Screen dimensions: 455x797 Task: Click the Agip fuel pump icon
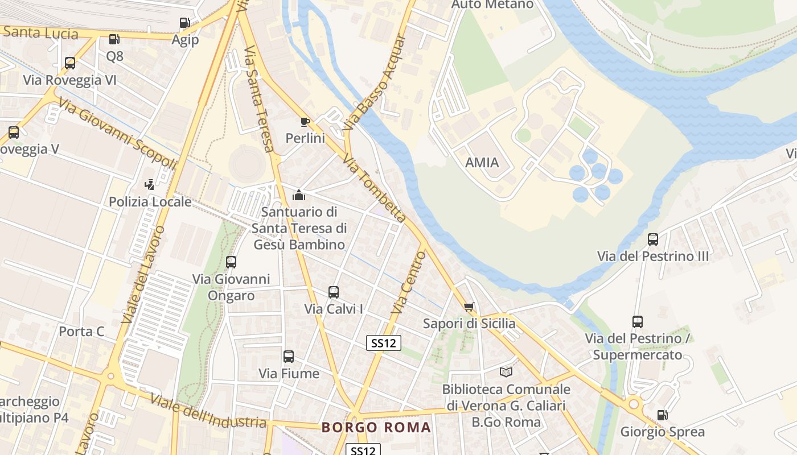point(184,23)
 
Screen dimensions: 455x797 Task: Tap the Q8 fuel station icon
point(114,39)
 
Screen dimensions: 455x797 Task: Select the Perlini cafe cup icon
point(305,122)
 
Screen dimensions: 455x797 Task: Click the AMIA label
point(482,163)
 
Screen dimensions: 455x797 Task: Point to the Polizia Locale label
point(150,202)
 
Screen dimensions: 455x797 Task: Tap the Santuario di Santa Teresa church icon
point(299,195)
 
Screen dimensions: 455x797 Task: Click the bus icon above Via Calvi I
point(334,292)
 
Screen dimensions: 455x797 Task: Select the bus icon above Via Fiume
point(289,357)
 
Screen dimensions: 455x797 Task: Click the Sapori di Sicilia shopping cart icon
point(469,307)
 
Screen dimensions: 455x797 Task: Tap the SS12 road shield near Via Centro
point(383,342)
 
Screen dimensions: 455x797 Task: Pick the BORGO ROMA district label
point(376,428)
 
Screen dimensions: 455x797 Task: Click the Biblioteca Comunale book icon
point(506,373)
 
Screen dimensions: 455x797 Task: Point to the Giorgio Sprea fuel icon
point(662,415)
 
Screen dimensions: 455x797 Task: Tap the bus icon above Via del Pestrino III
point(653,239)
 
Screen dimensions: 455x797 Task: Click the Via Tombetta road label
point(375,188)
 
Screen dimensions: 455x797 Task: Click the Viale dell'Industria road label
point(208,411)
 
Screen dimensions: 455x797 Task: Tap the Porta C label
point(82,331)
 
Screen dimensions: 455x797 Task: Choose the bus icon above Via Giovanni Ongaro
point(231,262)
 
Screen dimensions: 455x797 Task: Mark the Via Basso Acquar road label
point(375,82)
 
